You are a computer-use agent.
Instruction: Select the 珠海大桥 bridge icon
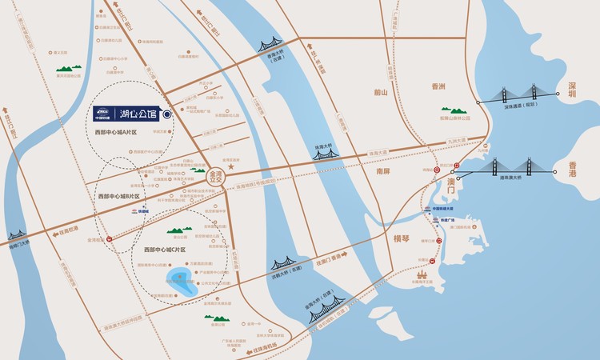click(x=325, y=151)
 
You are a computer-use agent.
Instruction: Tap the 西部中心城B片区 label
click(x=118, y=196)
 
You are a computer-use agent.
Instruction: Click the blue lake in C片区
click(x=182, y=282)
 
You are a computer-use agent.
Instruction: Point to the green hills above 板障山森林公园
click(x=457, y=110)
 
